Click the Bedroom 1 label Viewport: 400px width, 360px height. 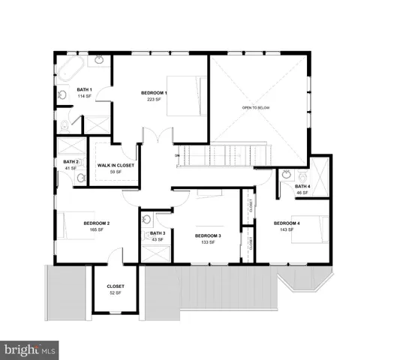[154, 93]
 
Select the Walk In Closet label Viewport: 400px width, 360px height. [116, 165]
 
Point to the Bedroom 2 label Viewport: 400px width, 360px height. [97, 223]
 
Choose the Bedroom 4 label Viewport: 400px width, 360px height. [287, 223]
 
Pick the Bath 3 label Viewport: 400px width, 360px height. [158, 233]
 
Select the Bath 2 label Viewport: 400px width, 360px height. [71, 162]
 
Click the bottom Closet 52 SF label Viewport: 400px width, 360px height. [116, 286]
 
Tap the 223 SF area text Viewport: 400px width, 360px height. [155, 100]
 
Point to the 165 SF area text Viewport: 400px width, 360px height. [97, 230]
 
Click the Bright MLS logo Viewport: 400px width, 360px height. [30, 349]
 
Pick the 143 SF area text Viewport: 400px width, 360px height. [287, 230]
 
